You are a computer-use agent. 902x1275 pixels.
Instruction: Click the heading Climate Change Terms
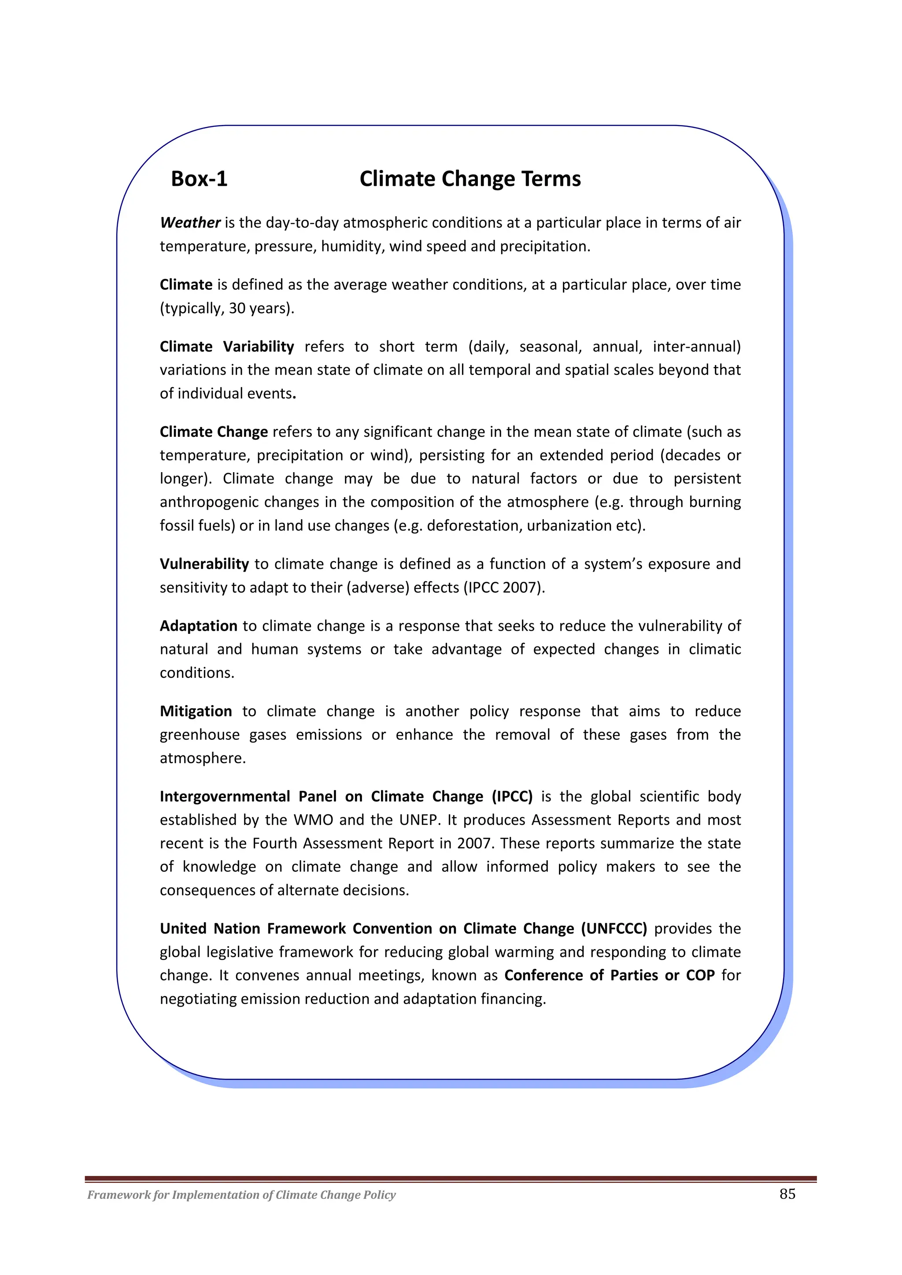coord(470,179)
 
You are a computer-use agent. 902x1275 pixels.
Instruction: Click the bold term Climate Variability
coord(227,347)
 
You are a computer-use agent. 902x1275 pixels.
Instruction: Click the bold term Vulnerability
coord(204,564)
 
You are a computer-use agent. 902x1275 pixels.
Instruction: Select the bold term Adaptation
coord(198,626)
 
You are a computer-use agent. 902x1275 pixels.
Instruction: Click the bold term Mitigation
coord(196,711)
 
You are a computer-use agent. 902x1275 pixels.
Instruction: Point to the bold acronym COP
coord(700,976)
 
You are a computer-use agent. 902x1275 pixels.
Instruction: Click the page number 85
coord(787,1194)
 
